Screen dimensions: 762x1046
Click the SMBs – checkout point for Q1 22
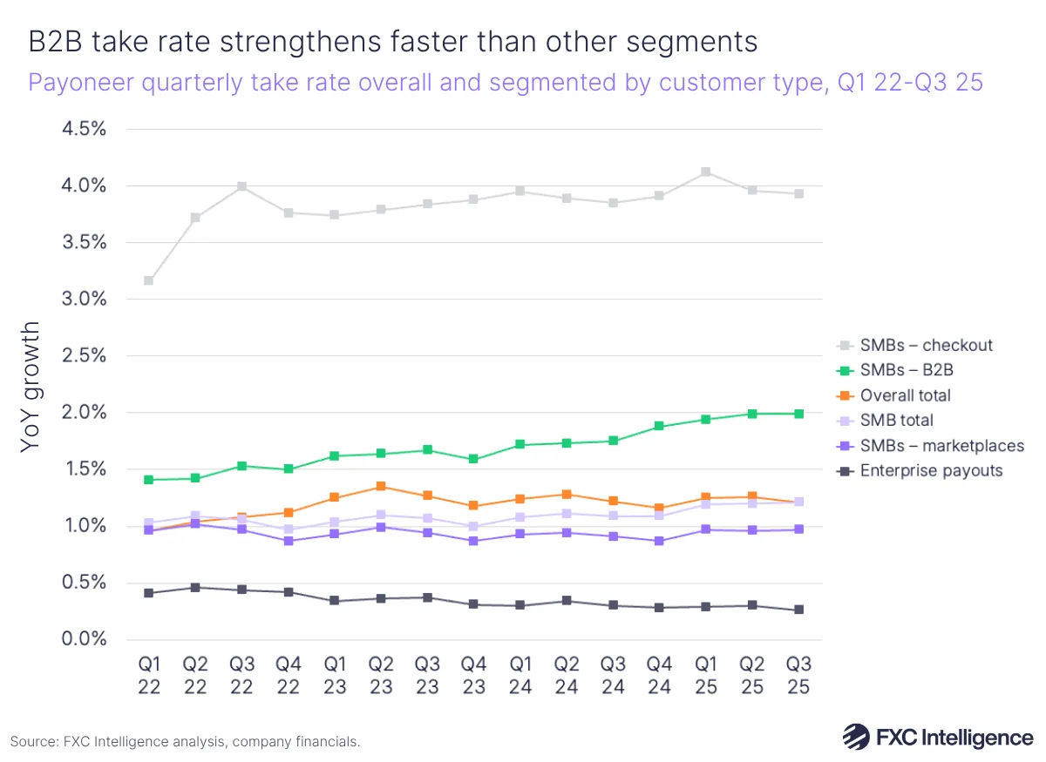pos(149,280)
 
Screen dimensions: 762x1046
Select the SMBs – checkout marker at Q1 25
pos(706,172)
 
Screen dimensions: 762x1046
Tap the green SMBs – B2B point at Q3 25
pos(798,414)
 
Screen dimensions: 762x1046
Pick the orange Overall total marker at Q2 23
pos(381,486)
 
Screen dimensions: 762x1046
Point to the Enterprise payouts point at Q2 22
pos(195,587)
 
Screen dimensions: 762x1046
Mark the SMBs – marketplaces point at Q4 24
pos(659,541)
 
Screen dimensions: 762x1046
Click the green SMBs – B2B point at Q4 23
pos(473,459)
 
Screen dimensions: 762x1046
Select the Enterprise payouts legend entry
pos(931,470)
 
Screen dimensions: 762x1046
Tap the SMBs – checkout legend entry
pos(926,345)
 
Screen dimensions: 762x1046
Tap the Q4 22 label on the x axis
pos(288,676)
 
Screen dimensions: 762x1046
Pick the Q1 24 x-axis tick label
pos(520,676)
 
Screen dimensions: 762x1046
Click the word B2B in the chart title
pos(62,42)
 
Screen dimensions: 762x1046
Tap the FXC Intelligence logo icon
pos(857,738)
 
